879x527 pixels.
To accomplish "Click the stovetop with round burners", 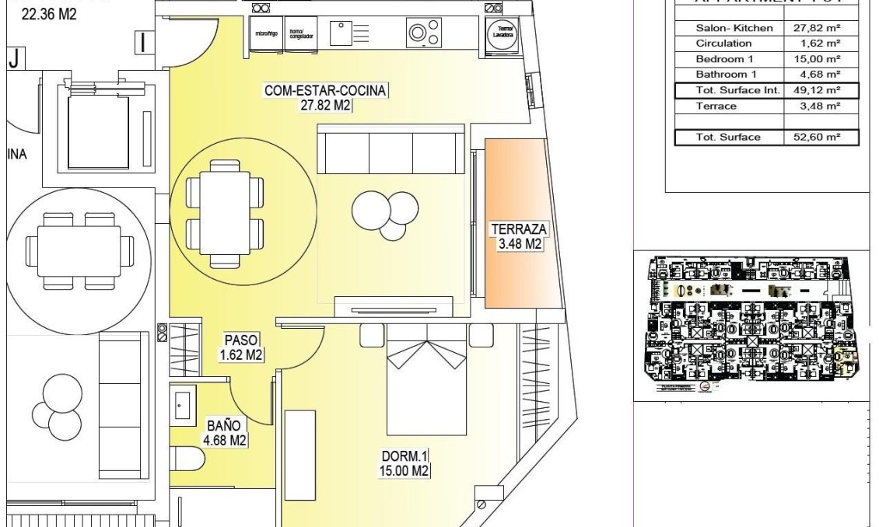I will (x=424, y=33).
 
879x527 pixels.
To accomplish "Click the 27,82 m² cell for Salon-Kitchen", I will (x=821, y=28).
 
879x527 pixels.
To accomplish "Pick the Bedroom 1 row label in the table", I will (x=724, y=59).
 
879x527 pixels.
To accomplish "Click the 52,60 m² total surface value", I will (x=821, y=138).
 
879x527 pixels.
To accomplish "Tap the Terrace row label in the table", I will (x=716, y=106).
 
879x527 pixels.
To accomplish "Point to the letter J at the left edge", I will (x=13, y=58).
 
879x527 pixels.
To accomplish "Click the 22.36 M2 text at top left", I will (x=48, y=12).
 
